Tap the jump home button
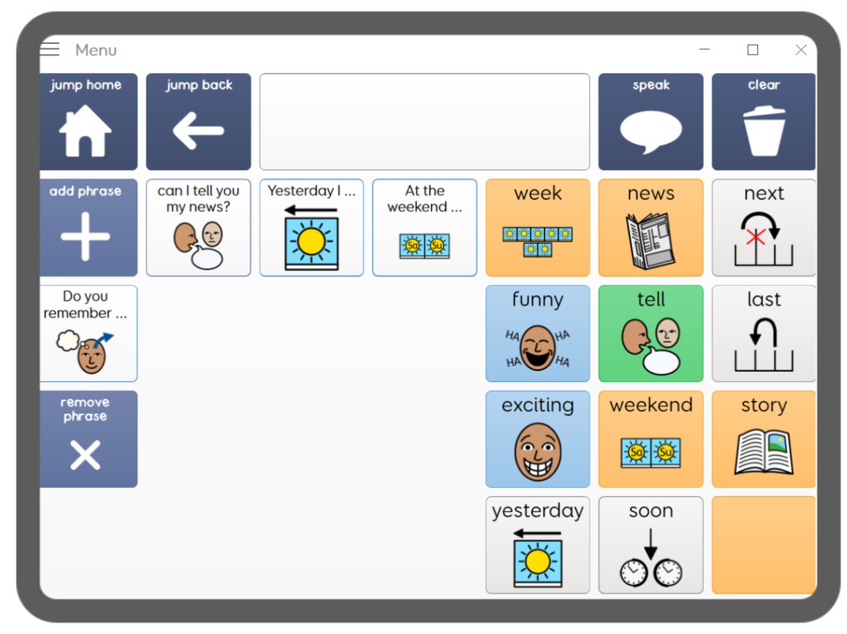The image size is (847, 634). tap(88, 121)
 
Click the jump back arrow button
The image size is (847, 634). tap(198, 121)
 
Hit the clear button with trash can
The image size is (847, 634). tap(763, 121)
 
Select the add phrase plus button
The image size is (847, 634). tap(88, 227)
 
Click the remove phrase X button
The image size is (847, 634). tap(88, 439)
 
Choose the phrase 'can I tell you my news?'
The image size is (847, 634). tap(198, 227)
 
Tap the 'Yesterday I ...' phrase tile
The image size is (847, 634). tap(311, 227)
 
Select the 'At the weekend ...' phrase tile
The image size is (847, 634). tap(425, 227)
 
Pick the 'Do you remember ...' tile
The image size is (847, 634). tap(88, 333)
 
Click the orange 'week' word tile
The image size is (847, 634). tap(537, 227)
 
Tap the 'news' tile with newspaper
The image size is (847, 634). tap(651, 227)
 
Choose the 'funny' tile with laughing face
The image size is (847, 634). tap(537, 333)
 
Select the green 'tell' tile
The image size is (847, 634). tap(651, 333)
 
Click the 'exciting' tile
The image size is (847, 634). tap(537, 439)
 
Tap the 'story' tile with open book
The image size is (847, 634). tap(763, 439)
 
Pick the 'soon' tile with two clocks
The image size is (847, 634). tap(651, 545)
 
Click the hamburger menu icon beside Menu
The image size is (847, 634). tap(50, 49)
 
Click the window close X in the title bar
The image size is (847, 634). tap(801, 50)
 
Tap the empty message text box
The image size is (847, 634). tap(425, 121)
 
